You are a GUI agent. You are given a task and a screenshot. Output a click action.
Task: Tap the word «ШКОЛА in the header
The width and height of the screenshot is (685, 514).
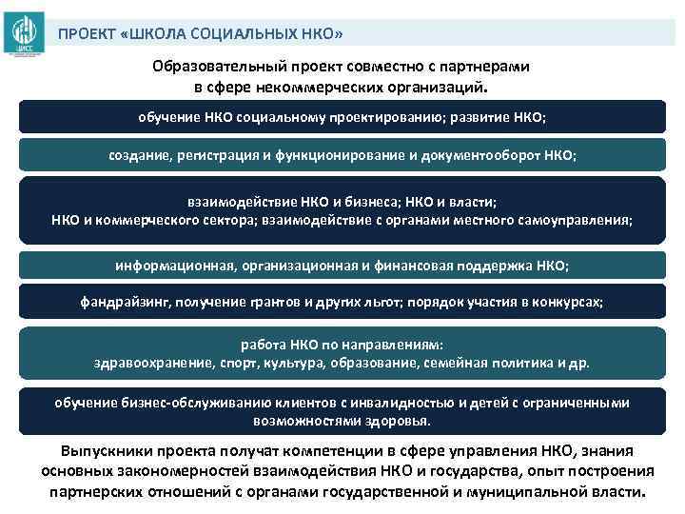pos(151,34)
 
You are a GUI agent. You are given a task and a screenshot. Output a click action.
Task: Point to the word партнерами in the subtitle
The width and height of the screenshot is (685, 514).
pos(489,68)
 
